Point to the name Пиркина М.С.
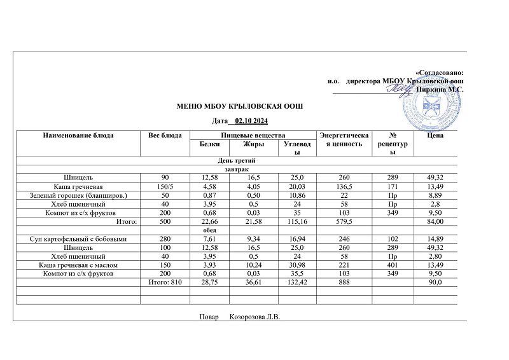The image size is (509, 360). click(x=440, y=90)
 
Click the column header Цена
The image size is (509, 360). click(x=436, y=135)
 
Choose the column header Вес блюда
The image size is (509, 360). click(x=165, y=135)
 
